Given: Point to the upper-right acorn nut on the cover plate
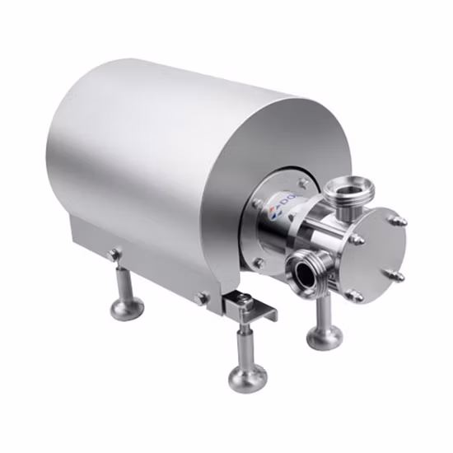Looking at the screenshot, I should click(x=399, y=221).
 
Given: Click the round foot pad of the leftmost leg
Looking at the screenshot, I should click(x=127, y=308).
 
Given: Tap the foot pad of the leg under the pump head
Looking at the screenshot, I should click(x=325, y=335).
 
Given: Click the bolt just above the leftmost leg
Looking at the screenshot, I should click(x=113, y=255).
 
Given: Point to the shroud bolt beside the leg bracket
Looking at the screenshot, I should click(x=200, y=298).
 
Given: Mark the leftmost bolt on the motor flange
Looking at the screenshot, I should click(x=256, y=203).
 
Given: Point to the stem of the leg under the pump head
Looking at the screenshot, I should click(x=325, y=309).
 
